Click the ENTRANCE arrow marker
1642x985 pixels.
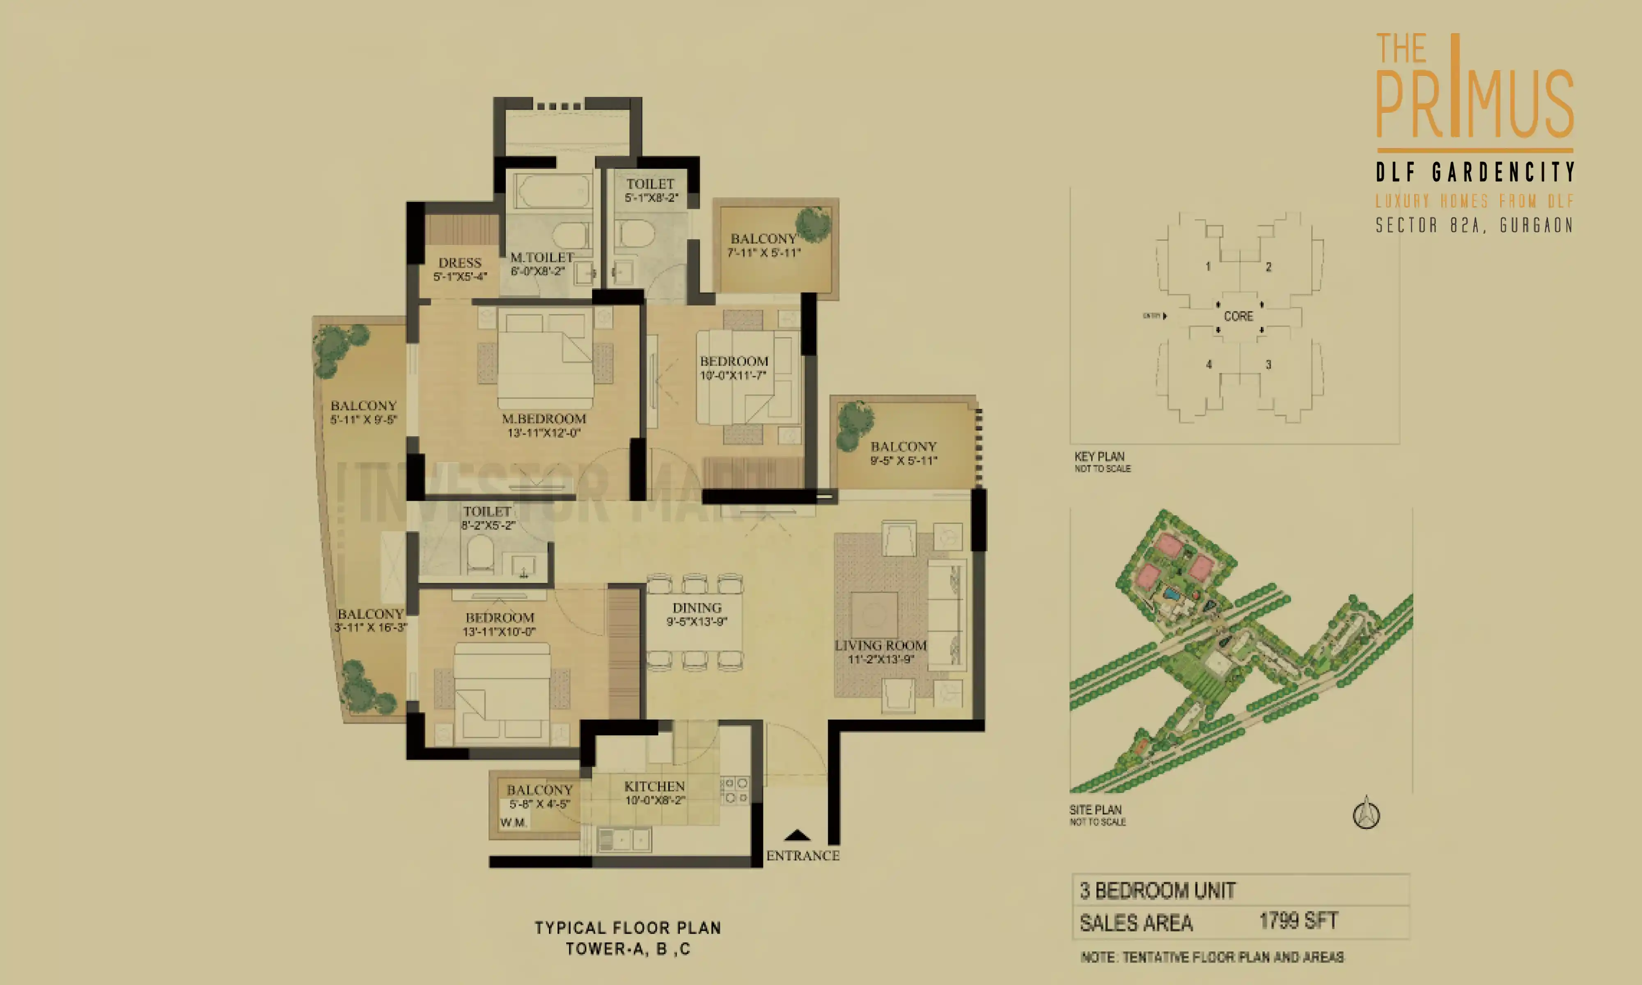(x=797, y=835)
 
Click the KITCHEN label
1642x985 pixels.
(x=654, y=786)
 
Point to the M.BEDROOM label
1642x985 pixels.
(x=544, y=419)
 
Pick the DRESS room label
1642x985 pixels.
(x=459, y=263)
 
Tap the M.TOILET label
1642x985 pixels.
(x=541, y=257)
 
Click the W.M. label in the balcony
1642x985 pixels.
(x=514, y=822)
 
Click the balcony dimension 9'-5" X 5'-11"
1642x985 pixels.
(x=903, y=460)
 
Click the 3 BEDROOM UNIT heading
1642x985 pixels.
(x=1158, y=891)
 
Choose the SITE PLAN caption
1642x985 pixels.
(x=1095, y=810)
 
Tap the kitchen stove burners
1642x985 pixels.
(x=735, y=790)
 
